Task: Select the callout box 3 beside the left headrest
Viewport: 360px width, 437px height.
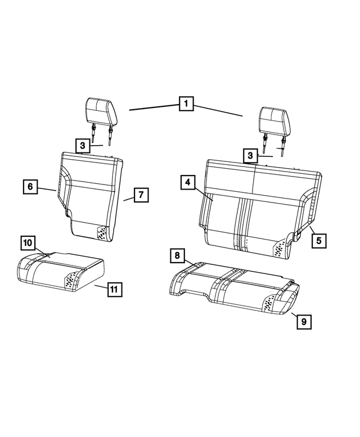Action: point(83,146)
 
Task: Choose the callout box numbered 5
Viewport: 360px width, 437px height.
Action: point(318,240)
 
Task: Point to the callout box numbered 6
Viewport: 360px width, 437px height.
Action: point(31,186)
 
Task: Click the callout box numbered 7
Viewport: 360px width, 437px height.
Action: point(141,195)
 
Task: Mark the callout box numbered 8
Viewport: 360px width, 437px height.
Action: point(177,256)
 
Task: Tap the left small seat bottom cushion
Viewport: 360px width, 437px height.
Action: point(59,272)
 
